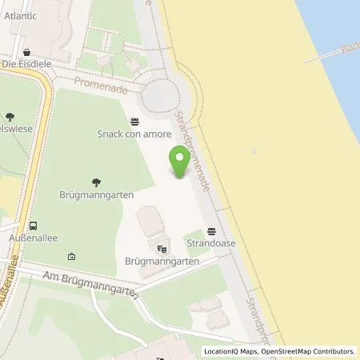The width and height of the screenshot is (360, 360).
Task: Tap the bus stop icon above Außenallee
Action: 33,226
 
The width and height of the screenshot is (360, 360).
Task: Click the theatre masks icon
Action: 162,249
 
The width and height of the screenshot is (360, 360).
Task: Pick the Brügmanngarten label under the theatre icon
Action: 162,261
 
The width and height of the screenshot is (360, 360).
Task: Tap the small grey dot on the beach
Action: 254,150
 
